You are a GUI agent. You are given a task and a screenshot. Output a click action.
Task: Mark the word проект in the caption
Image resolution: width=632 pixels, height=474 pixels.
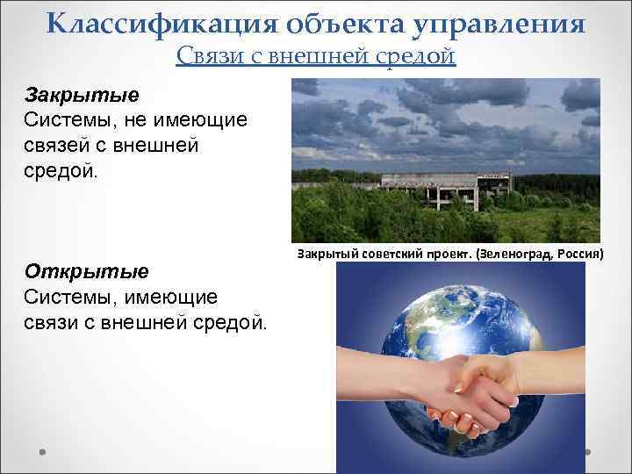(x=444, y=255)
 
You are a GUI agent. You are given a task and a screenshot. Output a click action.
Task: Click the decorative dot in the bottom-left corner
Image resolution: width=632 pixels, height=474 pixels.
(x=42, y=452)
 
